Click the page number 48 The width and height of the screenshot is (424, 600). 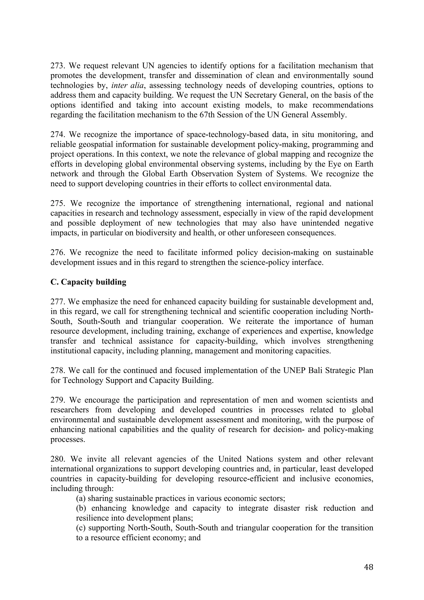[368, 567]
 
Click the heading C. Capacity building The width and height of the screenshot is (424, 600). [88, 282]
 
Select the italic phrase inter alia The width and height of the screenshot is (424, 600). [128, 86]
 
